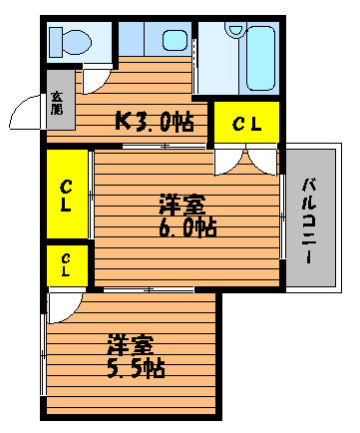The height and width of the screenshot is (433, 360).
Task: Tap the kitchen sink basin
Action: pyautogui.click(x=175, y=40)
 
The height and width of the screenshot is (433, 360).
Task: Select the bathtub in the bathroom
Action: pyautogui.click(x=261, y=58)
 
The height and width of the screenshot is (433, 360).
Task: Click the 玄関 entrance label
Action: pyautogui.click(x=57, y=103)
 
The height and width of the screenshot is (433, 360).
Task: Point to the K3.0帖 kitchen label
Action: pyautogui.click(x=155, y=121)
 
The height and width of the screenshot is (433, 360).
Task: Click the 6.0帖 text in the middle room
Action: pyautogui.click(x=188, y=227)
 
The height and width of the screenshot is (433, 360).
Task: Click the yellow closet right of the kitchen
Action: pyautogui.click(x=246, y=122)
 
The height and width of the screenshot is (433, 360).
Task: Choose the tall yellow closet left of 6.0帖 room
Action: pyautogui.click(x=67, y=195)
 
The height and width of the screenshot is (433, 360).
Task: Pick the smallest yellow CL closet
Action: pyautogui.click(x=67, y=265)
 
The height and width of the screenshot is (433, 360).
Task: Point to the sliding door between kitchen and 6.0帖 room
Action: pyautogui.click(x=164, y=146)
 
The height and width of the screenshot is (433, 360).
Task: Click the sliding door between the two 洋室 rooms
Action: pyautogui.click(x=149, y=290)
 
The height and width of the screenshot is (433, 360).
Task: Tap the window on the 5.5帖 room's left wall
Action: pyautogui.click(x=43, y=354)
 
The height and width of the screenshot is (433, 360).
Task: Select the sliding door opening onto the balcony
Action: pyautogui.click(x=282, y=216)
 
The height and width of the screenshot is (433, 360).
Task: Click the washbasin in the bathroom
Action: pyautogui.click(x=235, y=29)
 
